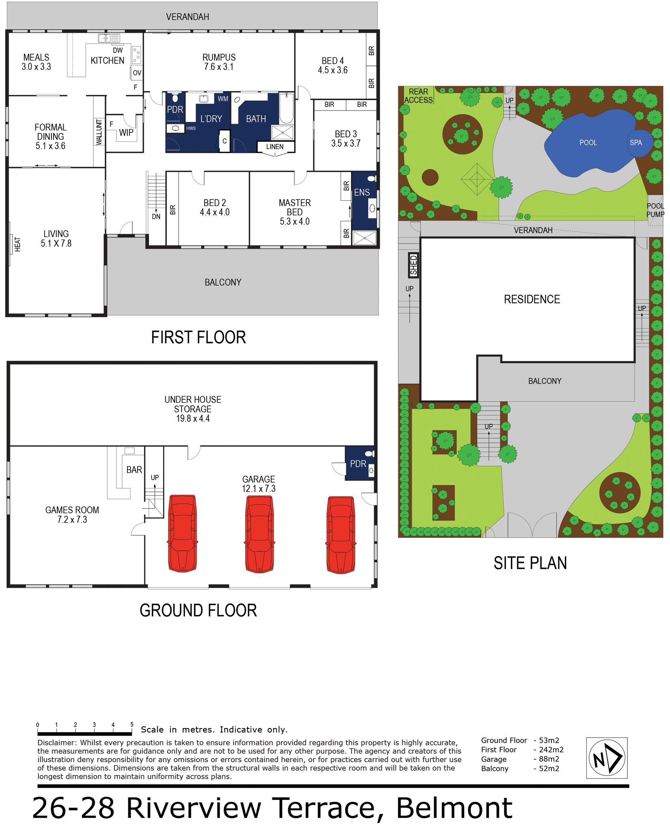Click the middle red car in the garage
point(259,533)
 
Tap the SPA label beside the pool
point(636,143)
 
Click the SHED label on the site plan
point(413,265)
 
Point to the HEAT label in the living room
point(18,244)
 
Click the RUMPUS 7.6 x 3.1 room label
point(219,62)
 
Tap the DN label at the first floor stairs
point(156,217)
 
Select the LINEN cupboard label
point(275,147)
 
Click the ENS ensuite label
point(362,192)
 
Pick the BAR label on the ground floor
point(134,470)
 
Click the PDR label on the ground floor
point(358,464)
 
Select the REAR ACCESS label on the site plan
point(418,96)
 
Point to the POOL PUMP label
point(655,210)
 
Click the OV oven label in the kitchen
point(137,73)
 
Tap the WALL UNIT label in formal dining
point(99,132)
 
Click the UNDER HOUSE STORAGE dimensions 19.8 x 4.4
point(192,418)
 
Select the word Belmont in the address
point(454,808)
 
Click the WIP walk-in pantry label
point(126,132)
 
